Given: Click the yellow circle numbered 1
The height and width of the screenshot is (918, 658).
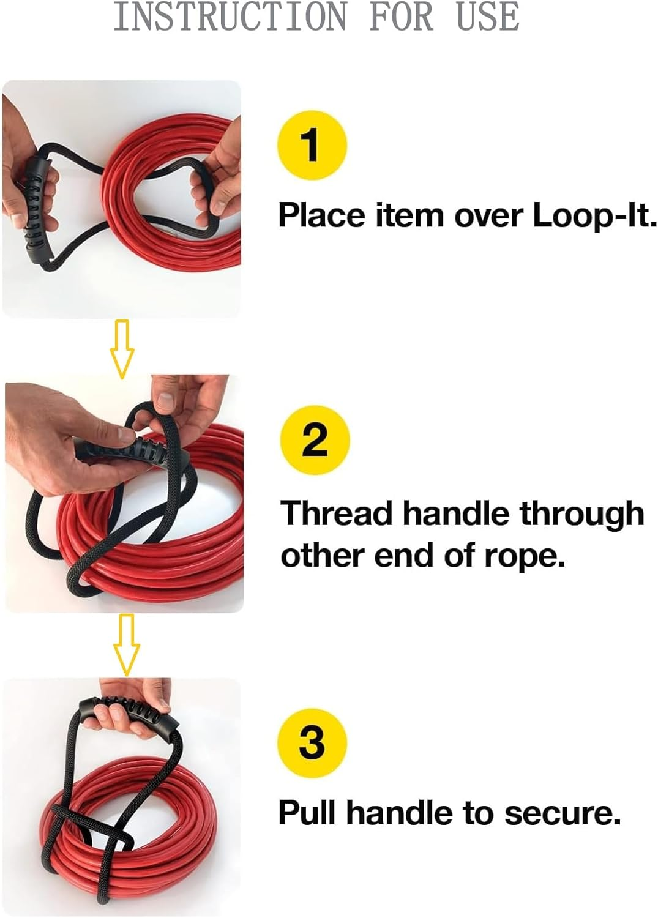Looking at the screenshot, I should [x=312, y=145].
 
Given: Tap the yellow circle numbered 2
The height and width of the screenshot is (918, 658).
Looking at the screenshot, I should [x=315, y=439].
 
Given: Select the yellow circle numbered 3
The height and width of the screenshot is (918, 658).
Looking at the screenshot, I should [x=312, y=742].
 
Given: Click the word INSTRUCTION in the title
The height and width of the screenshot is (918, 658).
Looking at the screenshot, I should [x=230, y=17].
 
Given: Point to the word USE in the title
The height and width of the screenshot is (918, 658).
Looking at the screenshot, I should [x=488, y=17].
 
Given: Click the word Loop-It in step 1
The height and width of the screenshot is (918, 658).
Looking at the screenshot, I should [x=594, y=215].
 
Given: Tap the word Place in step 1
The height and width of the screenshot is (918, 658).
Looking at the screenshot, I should [x=321, y=215].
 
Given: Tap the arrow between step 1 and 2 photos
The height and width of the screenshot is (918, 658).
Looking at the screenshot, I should [x=122, y=348].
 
